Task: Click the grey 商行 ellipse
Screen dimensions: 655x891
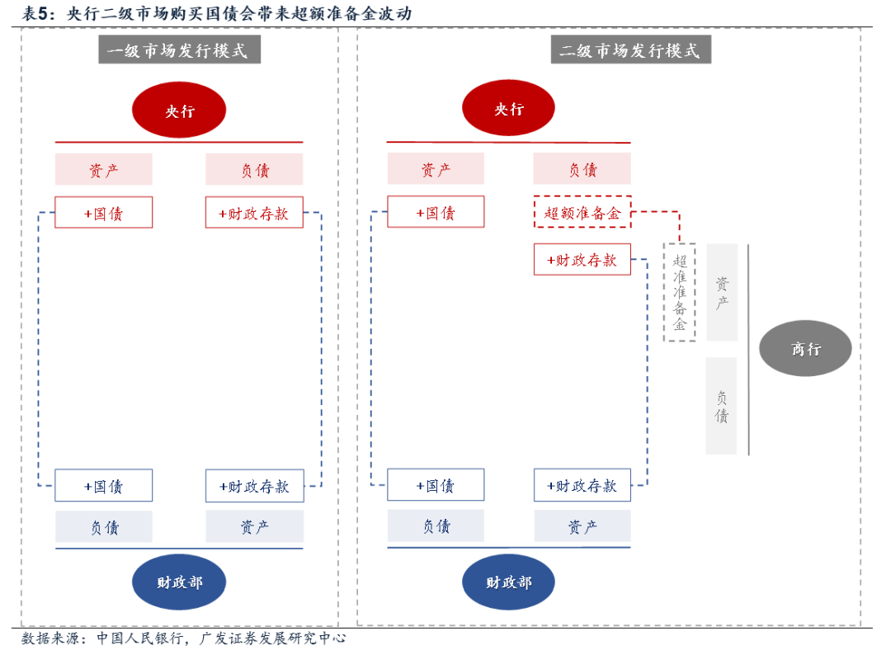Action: tap(805, 349)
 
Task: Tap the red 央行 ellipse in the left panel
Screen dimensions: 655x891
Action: tap(179, 110)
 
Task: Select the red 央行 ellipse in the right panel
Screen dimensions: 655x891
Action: tap(508, 108)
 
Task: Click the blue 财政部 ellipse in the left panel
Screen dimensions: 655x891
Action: tap(179, 582)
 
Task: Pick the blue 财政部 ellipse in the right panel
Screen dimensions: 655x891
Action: tap(508, 582)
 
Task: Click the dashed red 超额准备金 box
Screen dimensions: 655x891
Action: tap(582, 212)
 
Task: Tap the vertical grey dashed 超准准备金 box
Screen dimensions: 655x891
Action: tap(680, 292)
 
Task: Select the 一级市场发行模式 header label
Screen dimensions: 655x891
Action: tap(179, 50)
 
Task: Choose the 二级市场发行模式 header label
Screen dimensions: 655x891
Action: tap(630, 50)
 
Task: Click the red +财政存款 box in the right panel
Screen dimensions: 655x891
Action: tap(582, 260)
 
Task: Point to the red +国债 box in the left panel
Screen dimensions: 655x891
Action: tap(104, 213)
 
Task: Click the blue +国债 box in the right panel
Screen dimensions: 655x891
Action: tap(436, 486)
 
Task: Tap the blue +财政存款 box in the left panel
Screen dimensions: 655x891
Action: tap(254, 486)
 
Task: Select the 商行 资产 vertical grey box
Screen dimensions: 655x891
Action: tap(722, 292)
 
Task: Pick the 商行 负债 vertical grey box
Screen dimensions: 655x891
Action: tap(722, 406)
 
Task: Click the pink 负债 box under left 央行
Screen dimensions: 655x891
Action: tap(254, 170)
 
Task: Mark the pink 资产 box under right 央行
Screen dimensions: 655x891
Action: tap(436, 169)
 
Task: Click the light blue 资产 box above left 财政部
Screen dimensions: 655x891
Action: tap(254, 526)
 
